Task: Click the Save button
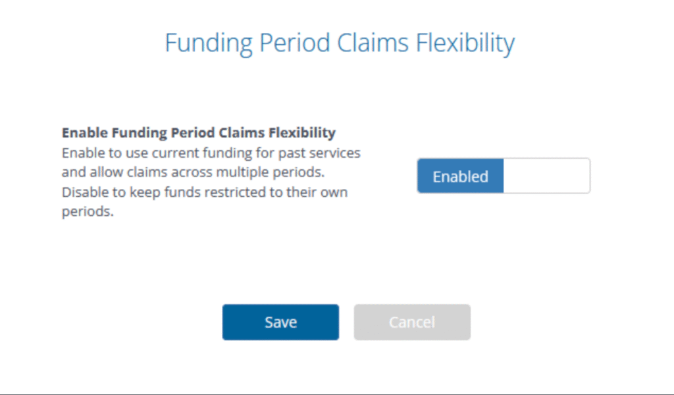pos(280,322)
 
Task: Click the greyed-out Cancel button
pos(412,322)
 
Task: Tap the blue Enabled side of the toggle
pos(460,176)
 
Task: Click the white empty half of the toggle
pos(546,176)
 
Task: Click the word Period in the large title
pos(294,43)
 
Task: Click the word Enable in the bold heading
pos(84,133)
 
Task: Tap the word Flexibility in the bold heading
pos(303,133)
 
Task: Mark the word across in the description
pos(192,173)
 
